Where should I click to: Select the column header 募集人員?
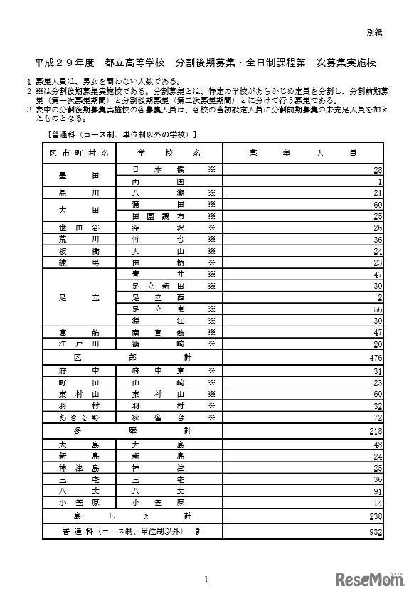click(x=303, y=153)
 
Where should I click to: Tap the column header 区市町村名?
click(x=79, y=153)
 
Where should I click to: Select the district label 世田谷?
click(x=79, y=228)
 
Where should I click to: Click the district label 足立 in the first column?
click(x=79, y=297)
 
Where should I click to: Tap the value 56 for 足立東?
click(x=378, y=309)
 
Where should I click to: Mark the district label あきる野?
click(x=79, y=417)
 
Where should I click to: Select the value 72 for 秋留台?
click(x=378, y=417)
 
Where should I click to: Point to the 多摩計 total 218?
click(x=376, y=432)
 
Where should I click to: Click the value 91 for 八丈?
click(x=378, y=491)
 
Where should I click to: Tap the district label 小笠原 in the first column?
click(x=79, y=502)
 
